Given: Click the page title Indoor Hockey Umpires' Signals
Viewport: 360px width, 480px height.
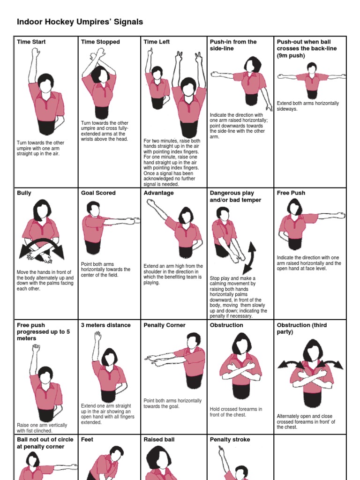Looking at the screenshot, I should tap(80, 22).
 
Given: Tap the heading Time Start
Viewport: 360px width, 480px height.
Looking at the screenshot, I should tap(31, 42).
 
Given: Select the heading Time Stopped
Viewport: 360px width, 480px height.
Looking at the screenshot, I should tap(100, 42).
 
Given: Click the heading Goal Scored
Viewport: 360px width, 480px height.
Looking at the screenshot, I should tap(98, 193).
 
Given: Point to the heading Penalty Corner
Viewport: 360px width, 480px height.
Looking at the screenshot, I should tap(165, 325).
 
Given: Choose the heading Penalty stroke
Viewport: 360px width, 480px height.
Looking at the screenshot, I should tap(230, 440).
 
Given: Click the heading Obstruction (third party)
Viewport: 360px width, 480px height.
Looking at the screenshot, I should tap(302, 328).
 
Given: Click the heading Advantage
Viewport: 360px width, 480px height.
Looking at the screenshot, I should tap(158, 193).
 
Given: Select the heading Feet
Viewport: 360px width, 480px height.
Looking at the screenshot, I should tap(87, 440).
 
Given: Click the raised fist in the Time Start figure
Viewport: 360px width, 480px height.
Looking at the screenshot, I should tap(35, 52).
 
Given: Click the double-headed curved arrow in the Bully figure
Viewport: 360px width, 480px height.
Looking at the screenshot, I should tap(41, 248).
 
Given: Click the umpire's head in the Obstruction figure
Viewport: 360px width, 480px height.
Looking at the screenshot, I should tap(242, 344).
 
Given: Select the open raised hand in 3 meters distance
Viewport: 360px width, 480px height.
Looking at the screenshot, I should tap(97, 336).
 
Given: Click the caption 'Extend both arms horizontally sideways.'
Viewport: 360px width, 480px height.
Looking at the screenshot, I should tap(307, 106).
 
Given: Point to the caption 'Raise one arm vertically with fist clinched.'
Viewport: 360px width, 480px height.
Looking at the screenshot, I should tap(42, 428).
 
